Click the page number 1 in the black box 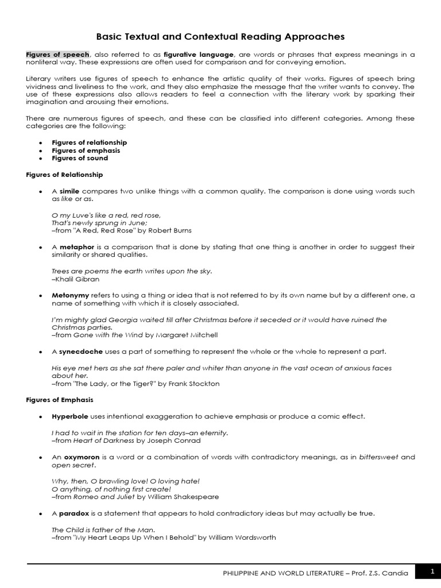click(432, 571)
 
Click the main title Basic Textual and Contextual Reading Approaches click(220, 37)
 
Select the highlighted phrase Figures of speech click(57, 55)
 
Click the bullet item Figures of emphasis click(86, 150)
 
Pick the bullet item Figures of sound click(80, 158)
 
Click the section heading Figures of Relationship click(65, 175)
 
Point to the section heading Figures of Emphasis click(60, 400)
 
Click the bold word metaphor click(76, 247)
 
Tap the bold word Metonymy click(71, 295)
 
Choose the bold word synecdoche click(80, 351)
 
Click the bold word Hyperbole click(70, 416)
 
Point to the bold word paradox click(74, 513)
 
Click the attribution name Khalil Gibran click(77, 279)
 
